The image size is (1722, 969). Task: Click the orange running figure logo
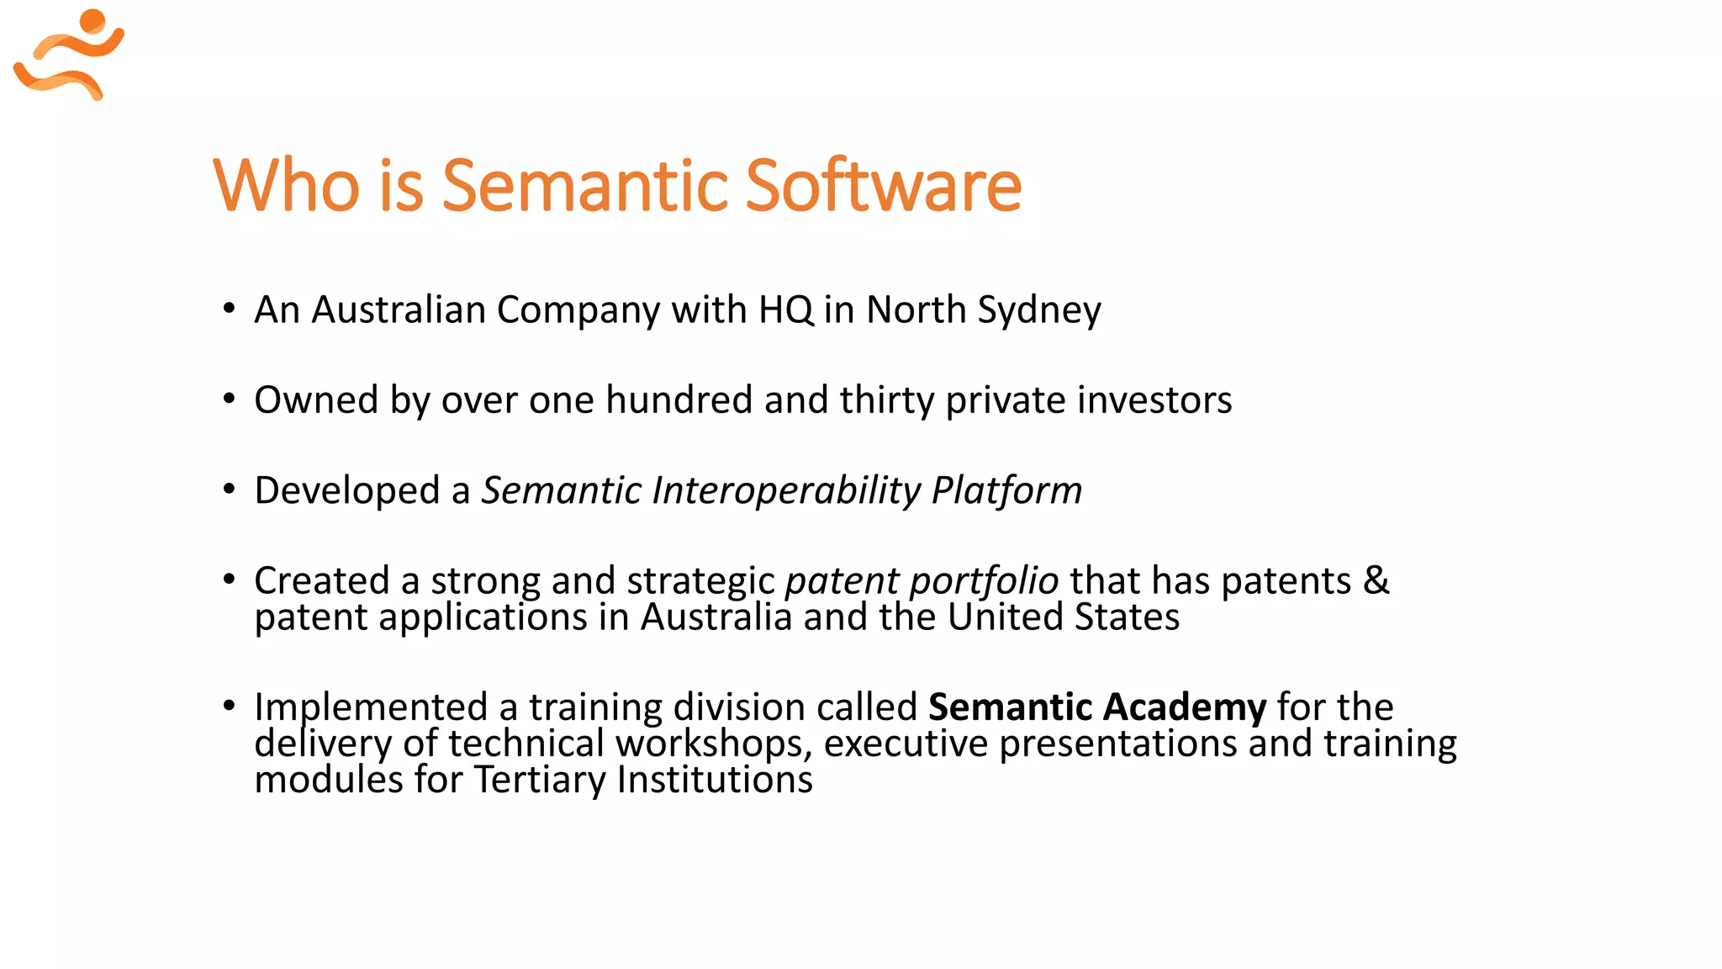pyautogui.click(x=69, y=55)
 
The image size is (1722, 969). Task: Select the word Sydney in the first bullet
pyautogui.click(x=1039, y=310)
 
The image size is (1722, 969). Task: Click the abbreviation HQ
pyautogui.click(x=785, y=310)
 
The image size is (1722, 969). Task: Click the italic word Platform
pyautogui.click(x=1006, y=491)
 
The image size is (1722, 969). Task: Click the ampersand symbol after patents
pyautogui.click(x=1376, y=580)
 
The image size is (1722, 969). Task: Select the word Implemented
pyautogui.click(x=371, y=707)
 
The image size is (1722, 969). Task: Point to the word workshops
pyautogui.click(x=713, y=744)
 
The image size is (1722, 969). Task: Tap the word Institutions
pyautogui.click(x=715, y=780)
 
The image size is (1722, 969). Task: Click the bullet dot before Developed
pyautogui.click(x=229, y=490)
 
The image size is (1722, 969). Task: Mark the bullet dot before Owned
pyautogui.click(x=229, y=399)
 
